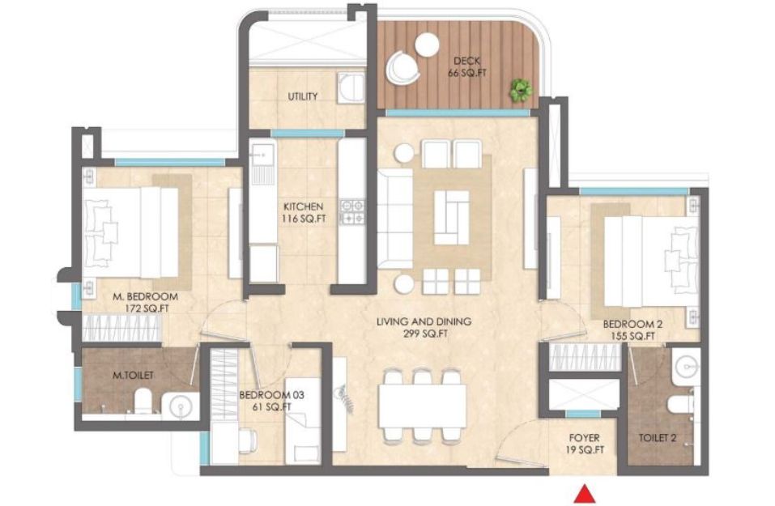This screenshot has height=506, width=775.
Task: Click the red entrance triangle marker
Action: [x=584, y=495]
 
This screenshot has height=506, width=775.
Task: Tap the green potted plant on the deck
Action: [x=521, y=91]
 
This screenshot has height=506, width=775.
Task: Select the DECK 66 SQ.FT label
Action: [x=467, y=67]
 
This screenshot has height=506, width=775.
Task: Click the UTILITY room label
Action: [x=303, y=96]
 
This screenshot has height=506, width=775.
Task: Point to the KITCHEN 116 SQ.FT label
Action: [x=304, y=212]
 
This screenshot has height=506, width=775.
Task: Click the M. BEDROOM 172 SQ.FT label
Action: [x=145, y=303]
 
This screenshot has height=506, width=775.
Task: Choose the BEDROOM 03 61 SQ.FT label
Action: [x=271, y=401]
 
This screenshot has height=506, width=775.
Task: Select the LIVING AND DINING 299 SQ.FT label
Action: [x=424, y=327]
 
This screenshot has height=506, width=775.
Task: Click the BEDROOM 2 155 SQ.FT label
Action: [x=632, y=330]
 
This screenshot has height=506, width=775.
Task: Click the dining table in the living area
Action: [x=422, y=406]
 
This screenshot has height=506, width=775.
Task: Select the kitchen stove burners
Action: [x=352, y=210]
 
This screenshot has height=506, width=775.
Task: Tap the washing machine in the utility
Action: [x=351, y=88]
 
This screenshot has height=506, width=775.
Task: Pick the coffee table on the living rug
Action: [x=451, y=218]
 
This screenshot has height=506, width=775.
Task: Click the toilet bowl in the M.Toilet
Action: [x=143, y=401]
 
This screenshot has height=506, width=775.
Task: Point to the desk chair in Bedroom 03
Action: [x=248, y=440]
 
